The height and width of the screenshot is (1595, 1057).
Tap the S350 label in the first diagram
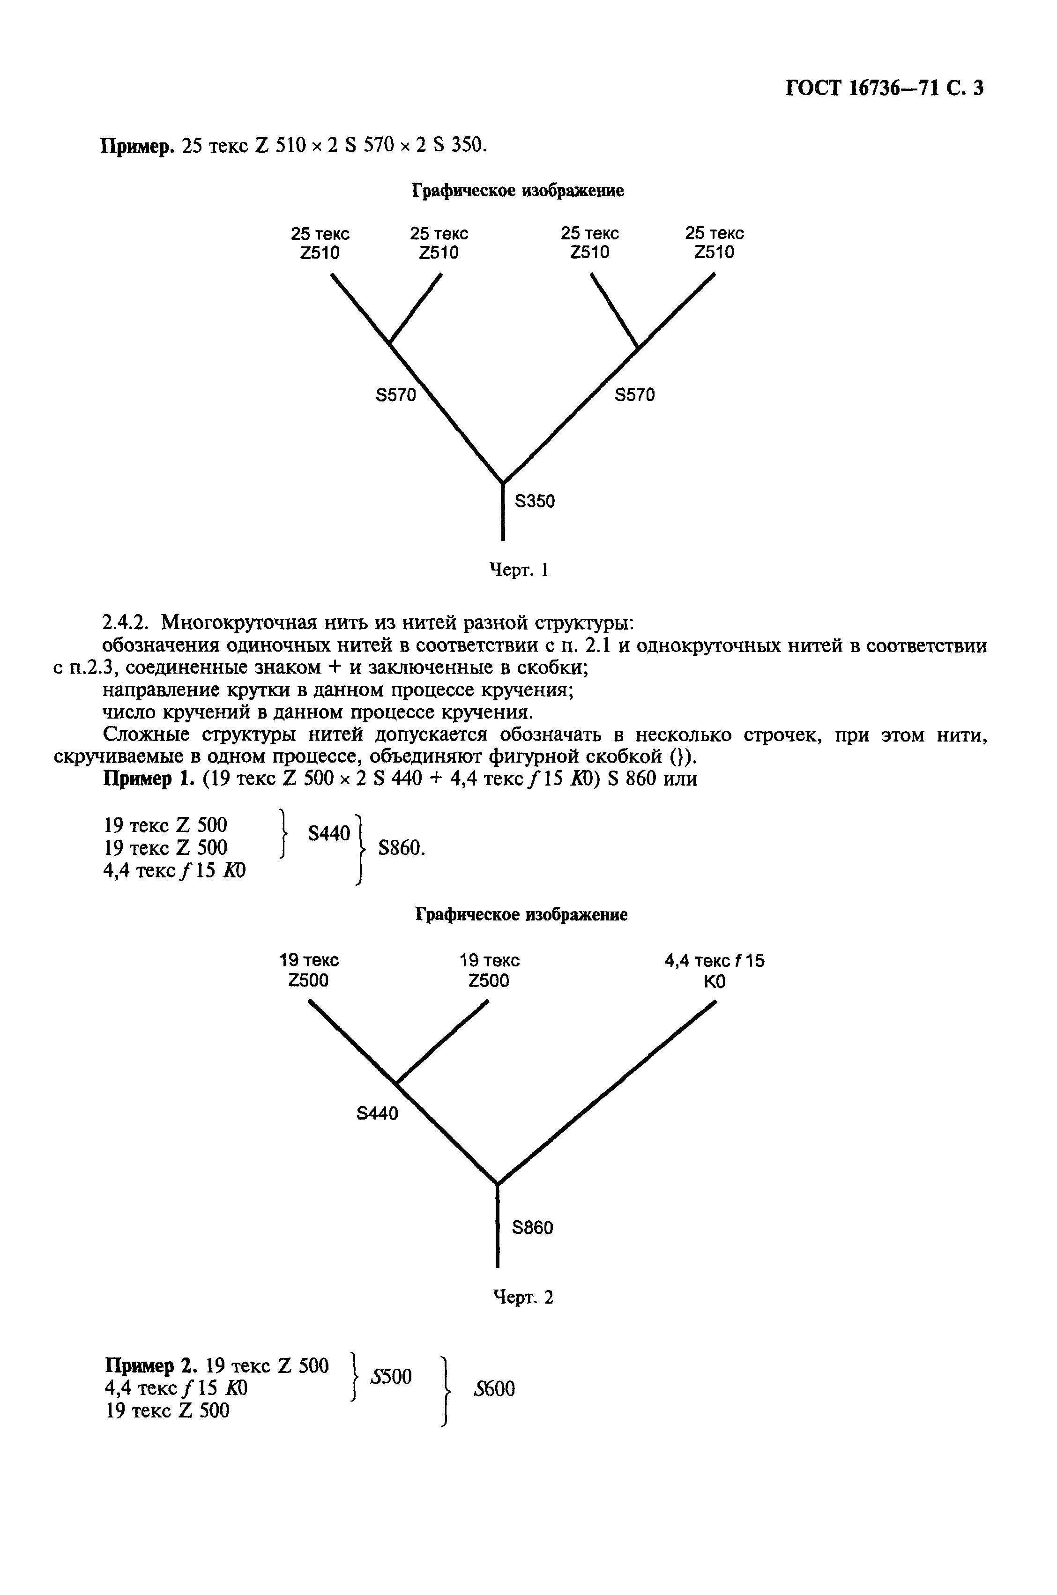(x=535, y=501)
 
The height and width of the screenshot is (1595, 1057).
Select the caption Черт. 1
(x=518, y=570)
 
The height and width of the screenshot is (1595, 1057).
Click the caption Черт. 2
(x=522, y=1297)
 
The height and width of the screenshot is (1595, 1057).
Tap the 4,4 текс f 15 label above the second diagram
(x=714, y=960)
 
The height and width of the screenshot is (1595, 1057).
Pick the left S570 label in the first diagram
(x=396, y=395)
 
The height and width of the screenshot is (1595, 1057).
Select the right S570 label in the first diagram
(x=634, y=395)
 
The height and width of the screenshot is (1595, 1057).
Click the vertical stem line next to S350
(x=503, y=512)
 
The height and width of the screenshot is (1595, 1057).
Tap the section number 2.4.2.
(x=128, y=621)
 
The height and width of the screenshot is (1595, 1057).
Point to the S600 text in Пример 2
(x=494, y=1389)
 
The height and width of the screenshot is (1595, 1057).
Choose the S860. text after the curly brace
(x=402, y=848)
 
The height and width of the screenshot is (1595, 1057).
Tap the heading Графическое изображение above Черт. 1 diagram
(x=518, y=191)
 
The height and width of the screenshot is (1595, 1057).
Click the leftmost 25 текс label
(x=320, y=234)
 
